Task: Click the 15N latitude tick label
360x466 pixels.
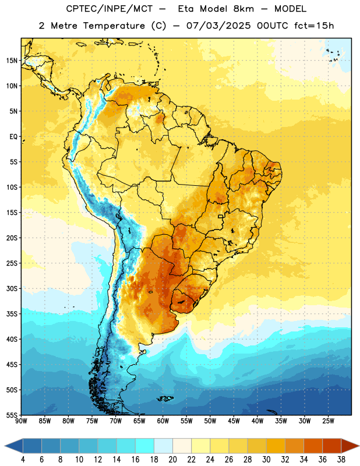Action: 12,61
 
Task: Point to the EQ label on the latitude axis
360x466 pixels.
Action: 13,137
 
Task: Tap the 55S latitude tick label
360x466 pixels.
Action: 12,415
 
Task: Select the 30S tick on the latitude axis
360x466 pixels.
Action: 12,288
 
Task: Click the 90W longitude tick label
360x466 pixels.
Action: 21,421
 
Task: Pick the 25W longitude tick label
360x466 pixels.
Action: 328,421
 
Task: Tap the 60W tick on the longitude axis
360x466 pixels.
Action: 163,421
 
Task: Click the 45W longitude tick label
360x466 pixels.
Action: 234,421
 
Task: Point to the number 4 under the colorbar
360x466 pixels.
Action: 23,460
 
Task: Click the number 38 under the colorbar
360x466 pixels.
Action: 341,460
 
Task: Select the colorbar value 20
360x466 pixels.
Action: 172,460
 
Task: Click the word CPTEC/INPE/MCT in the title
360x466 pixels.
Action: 109,9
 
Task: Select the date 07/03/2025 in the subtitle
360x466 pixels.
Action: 218,26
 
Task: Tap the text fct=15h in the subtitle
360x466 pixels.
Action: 314,26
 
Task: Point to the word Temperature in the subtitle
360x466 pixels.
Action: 114,26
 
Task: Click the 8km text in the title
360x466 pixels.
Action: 243,9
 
